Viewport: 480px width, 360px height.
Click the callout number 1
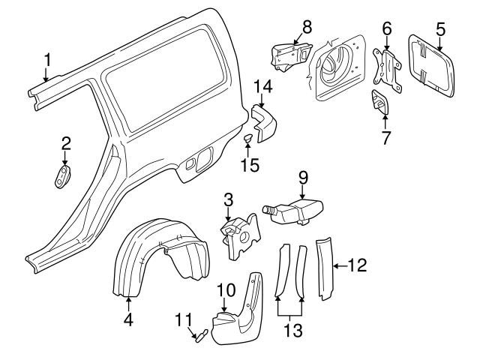tap(47, 60)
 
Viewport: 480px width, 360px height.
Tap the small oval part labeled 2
tap(62, 176)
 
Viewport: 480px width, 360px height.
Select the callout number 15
tap(250, 165)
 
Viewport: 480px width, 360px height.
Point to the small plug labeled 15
tap(247, 138)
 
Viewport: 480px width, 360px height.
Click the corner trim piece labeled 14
tap(264, 123)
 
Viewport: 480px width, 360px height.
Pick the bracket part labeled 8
tap(291, 58)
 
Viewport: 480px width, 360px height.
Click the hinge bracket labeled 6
tap(387, 70)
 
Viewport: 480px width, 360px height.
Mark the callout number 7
tap(385, 138)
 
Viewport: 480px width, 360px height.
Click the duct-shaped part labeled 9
tap(293, 211)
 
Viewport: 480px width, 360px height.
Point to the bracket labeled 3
tap(241, 237)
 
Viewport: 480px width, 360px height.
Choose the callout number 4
tap(128, 319)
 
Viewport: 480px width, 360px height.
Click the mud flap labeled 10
tap(238, 309)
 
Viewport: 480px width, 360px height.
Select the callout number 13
tap(293, 330)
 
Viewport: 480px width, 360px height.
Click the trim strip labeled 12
tap(324, 268)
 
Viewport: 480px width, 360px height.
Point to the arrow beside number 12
tap(340, 266)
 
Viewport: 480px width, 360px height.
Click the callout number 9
tap(303, 178)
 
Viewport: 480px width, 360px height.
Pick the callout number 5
tap(440, 30)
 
